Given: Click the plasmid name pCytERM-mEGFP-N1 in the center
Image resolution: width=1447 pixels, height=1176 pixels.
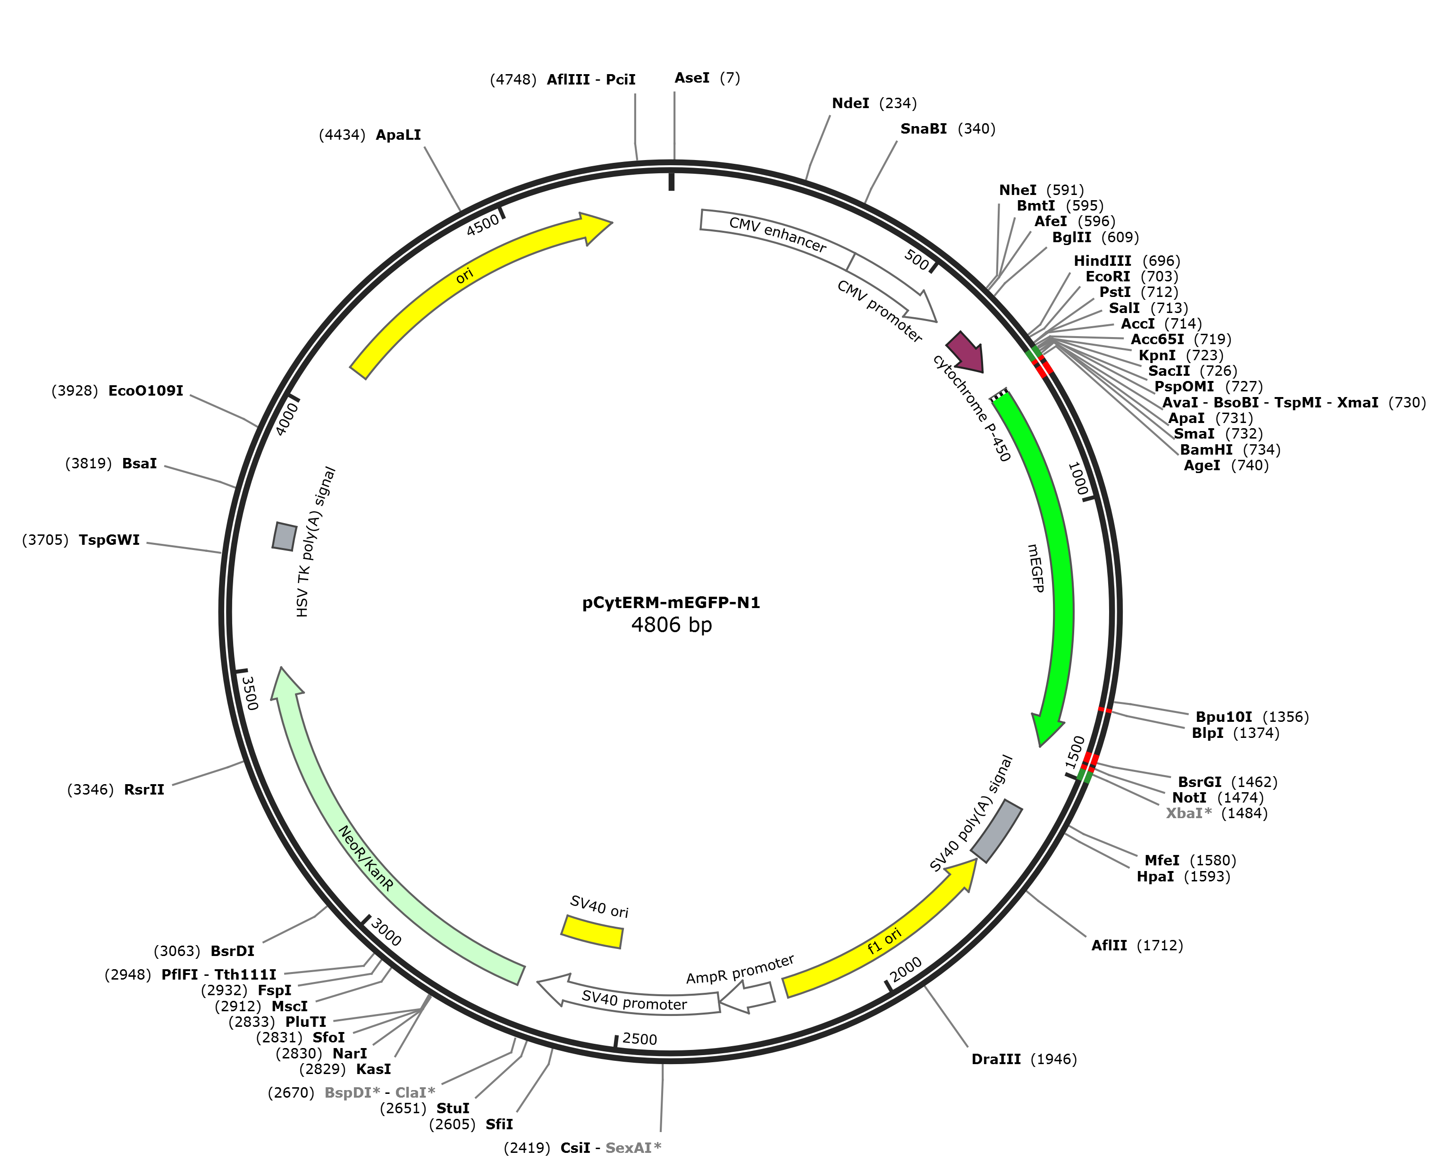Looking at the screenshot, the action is [671, 602].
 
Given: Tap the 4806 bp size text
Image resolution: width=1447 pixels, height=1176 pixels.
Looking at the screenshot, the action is [671, 624].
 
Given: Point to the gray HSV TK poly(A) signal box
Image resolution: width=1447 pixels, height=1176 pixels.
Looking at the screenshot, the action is [285, 536].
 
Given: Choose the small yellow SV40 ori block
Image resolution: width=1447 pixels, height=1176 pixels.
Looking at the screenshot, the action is [592, 931].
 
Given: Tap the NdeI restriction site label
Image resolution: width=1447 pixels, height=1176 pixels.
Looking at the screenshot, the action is [850, 103].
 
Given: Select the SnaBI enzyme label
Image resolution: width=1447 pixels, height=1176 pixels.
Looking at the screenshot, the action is [924, 129].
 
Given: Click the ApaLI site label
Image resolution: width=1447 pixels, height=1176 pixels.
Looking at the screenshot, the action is [398, 135].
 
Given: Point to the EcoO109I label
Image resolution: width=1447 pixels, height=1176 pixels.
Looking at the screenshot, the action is [145, 391].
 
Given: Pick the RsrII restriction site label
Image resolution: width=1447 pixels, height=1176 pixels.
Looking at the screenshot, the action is [144, 789].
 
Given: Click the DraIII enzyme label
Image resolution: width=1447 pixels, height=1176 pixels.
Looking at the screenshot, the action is [996, 1059].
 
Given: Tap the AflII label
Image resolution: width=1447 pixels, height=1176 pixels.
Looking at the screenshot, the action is [1109, 945].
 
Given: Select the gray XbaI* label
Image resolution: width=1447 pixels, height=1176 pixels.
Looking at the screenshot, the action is [1189, 813].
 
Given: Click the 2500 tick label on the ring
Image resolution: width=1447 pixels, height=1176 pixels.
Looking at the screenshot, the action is [640, 1039].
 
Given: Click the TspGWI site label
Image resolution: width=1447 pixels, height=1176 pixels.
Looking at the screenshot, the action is [109, 540].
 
